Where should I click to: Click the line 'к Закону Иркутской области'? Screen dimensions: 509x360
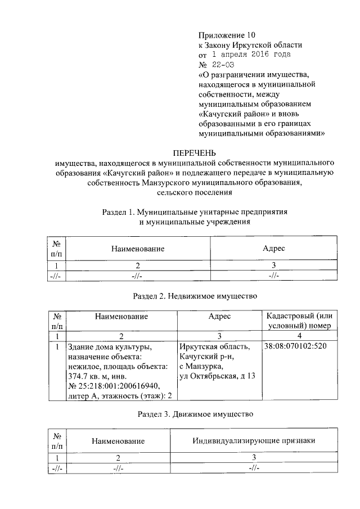(250, 45)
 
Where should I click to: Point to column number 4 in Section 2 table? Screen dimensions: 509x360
(299, 336)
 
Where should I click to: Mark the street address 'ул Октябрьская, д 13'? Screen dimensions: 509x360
(217, 376)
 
